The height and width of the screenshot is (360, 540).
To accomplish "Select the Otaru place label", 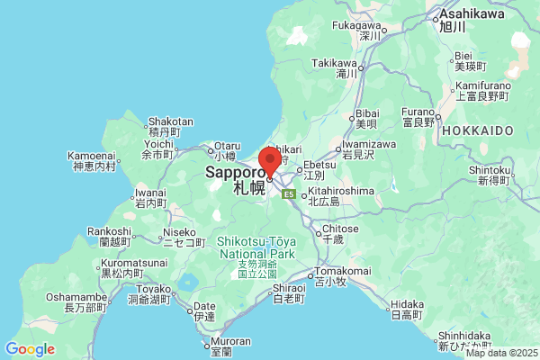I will [x=228, y=146].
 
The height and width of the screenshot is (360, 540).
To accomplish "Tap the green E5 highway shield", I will [x=289, y=193].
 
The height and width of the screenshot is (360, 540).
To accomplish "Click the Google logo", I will [x=30, y=349].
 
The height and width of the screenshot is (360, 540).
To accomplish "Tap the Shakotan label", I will [x=170, y=122].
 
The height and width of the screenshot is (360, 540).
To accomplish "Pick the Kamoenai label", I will [x=92, y=157].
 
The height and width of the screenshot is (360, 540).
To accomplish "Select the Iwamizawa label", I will [x=369, y=144].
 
